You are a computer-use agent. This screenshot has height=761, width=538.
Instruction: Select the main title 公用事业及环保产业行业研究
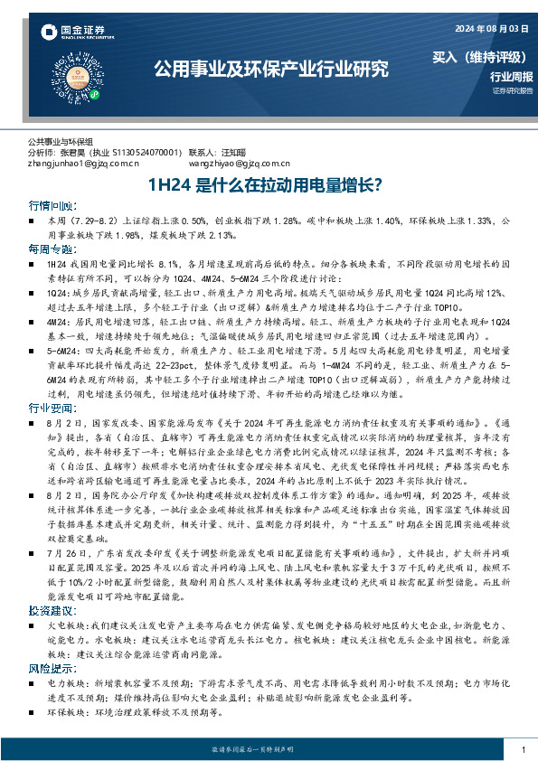click(x=271, y=69)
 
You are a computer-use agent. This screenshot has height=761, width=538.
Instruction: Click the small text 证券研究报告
click(x=512, y=91)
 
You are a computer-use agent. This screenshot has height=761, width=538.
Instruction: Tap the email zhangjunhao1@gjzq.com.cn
click(x=83, y=164)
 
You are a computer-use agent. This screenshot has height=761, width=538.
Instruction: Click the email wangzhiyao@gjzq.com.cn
click(x=236, y=164)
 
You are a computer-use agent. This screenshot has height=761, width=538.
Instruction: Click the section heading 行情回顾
click(x=52, y=206)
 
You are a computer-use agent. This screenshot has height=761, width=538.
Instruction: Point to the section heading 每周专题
click(x=52, y=248)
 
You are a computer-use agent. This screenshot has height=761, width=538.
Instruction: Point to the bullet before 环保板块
click(x=33, y=713)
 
